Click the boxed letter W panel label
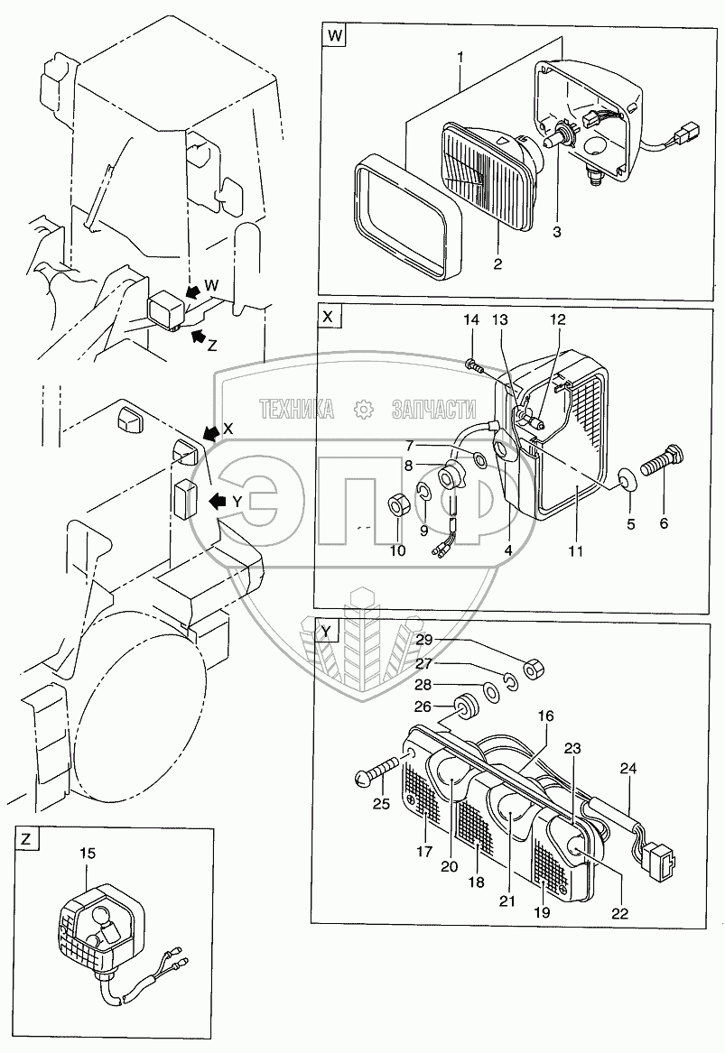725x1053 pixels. click(x=334, y=37)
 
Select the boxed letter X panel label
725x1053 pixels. click(x=328, y=317)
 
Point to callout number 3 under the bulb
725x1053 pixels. click(x=557, y=232)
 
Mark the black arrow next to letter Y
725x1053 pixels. click(x=218, y=499)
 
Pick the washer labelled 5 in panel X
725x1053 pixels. click(x=622, y=479)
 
